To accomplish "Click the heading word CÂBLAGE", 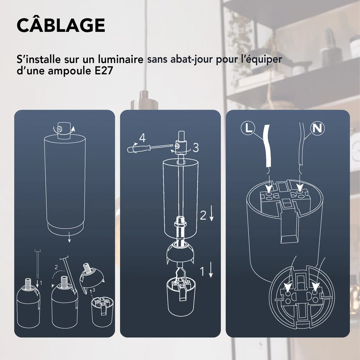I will pyautogui.click(x=61, y=25).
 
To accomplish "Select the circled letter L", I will pyautogui.click(x=247, y=128).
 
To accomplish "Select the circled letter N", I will pyautogui.click(x=318, y=128).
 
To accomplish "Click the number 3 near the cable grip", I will pyautogui.click(x=195, y=147).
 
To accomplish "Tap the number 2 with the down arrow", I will pyautogui.click(x=203, y=216).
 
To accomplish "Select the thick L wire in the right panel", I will pyautogui.click(x=269, y=148).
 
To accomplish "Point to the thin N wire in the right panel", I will pyautogui.click(x=299, y=148).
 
